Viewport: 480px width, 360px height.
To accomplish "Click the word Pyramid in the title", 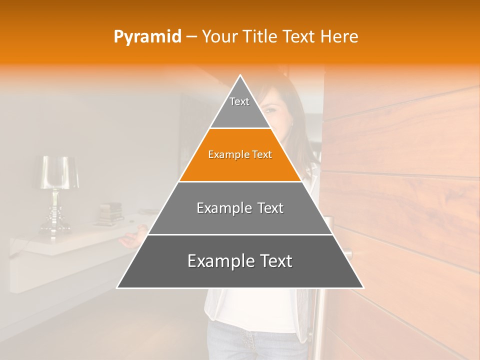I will (x=147, y=37).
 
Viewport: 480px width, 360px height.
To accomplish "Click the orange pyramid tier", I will (x=240, y=155).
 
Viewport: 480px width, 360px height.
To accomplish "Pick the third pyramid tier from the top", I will (x=240, y=208).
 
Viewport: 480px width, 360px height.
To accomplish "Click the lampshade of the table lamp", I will (x=59, y=172).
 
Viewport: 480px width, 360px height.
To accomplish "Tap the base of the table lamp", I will (x=55, y=227).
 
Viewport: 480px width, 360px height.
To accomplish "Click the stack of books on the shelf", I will (x=110, y=212).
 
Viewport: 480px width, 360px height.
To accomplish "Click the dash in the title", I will (x=191, y=37).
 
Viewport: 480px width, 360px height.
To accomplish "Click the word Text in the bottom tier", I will (x=272, y=261).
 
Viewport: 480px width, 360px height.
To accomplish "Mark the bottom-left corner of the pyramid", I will (x=117, y=287).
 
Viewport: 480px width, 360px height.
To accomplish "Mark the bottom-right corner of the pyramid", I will (x=363, y=287).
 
